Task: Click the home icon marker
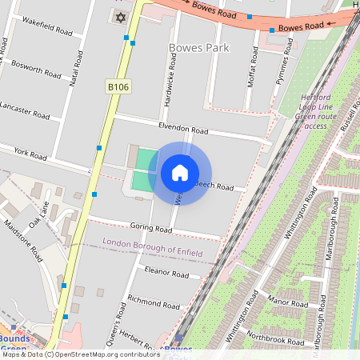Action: point(180,173)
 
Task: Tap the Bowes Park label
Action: point(199,48)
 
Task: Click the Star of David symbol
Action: point(122,17)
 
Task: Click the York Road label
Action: point(31,152)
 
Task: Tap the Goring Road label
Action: point(151,229)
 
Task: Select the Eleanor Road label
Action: point(167,274)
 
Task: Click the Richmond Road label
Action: point(154,303)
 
